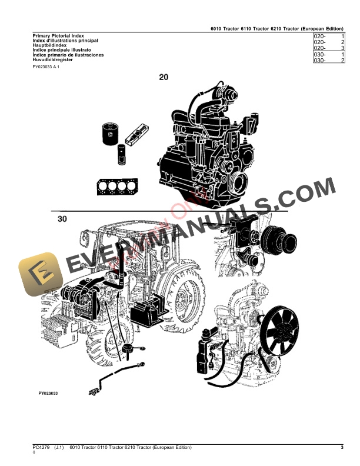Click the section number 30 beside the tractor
tap(63, 219)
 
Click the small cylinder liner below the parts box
tap(122, 154)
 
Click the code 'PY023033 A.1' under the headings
tap(46, 68)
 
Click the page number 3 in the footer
tap(342, 448)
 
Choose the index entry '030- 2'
tap(329, 61)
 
